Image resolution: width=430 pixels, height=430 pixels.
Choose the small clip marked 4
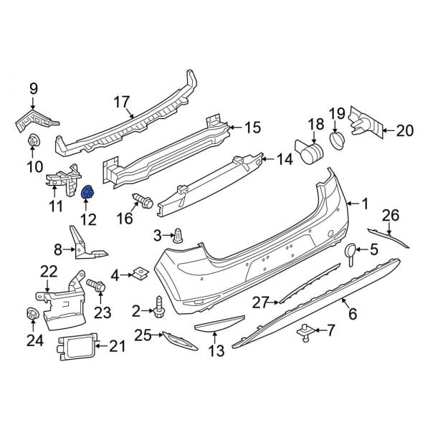(x=140, y=273)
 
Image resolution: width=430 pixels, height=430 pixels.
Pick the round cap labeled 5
(x=350, y=250)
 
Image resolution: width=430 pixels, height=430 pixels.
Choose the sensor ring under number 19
(x=337, y=138)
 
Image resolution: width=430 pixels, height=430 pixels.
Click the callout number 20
(x=405, y=130)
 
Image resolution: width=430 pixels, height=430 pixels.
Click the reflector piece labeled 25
(x=178, y=340)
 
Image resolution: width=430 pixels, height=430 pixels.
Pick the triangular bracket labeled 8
(x=85, y=244)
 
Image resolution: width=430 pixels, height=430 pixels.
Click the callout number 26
(x=390, y=214)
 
